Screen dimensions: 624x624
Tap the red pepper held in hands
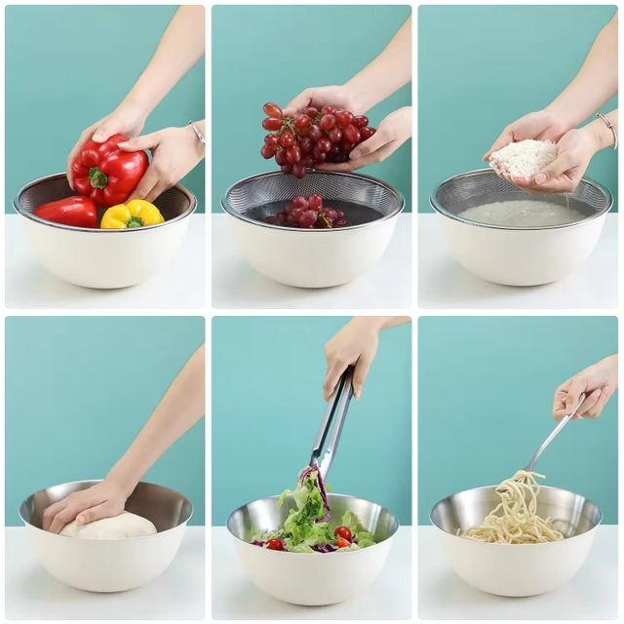[109, 171]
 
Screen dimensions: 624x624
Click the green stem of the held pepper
[98, 177]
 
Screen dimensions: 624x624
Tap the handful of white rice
[524, 158]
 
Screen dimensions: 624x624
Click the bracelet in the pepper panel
[197, 132]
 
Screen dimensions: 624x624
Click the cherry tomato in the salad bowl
[343, 533]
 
